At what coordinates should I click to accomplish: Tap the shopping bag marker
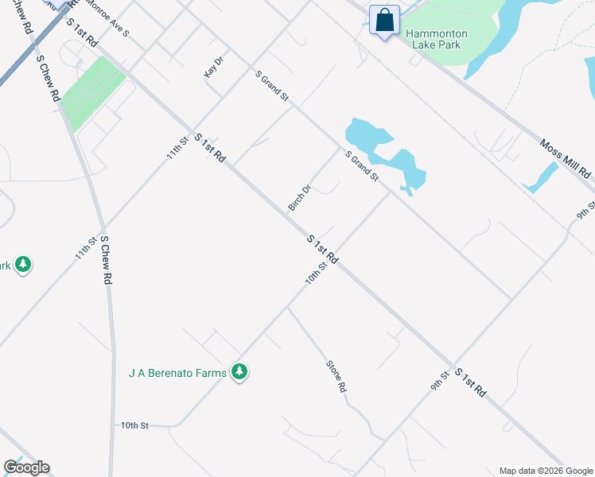[385, 21]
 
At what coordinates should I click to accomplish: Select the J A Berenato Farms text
[177, 372]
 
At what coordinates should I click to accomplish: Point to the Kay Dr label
[211, 67]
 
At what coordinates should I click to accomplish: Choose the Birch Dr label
[299, 198]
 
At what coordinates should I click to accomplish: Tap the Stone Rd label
[336, 376]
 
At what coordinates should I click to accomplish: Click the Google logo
[26, 467]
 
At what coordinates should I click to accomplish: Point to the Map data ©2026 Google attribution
[546, 471]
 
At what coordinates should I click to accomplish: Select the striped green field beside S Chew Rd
[94, 93]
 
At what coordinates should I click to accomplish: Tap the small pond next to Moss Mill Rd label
[541, 177]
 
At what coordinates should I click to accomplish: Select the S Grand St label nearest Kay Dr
[272, 85]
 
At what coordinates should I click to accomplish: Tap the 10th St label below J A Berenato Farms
[134, 426]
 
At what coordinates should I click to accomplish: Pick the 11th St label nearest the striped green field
[177, 146]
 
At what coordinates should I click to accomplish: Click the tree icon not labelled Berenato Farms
[23, 264]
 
